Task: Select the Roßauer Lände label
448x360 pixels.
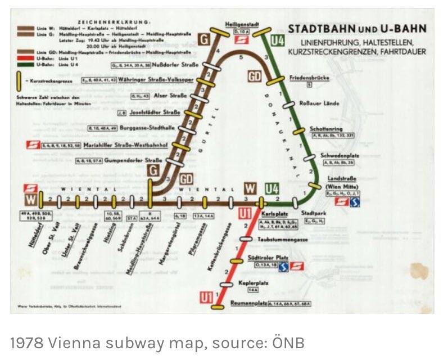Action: tap(319, 103)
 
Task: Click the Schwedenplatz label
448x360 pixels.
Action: tap(337, 155)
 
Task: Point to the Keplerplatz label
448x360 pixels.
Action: tap(251, 282)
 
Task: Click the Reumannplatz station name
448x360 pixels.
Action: tap(248, 304)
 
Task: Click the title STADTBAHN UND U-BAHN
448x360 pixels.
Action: tap(357, 29)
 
